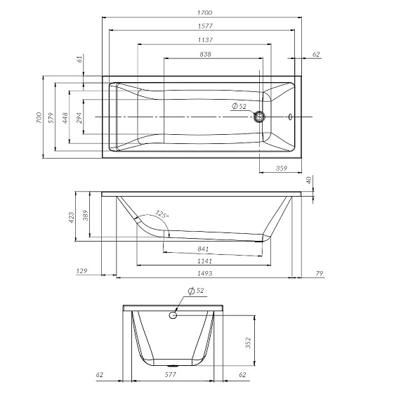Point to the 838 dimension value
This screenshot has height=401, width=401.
click(x=205, y=54)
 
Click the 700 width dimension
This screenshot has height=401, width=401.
click(x=40, y=116)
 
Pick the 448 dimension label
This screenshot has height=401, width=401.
click(x=65, y=117)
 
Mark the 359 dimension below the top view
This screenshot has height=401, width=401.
click(x=281, y=168)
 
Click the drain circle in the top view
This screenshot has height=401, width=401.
click(x=261, y=117)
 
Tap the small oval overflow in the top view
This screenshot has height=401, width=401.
click(x=291, y=117)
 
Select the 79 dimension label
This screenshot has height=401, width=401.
click(x=318, y=273)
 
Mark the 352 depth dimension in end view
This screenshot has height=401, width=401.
click(x=247, y=343)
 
